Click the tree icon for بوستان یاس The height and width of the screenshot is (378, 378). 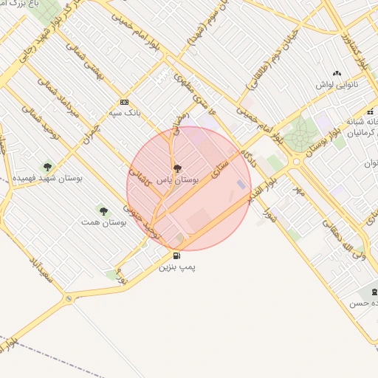tap(175, 168)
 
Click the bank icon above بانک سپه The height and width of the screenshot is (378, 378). tap(123, 103)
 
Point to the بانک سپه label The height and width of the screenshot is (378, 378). tap(123, 113)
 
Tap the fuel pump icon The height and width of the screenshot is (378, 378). tap(176, 256)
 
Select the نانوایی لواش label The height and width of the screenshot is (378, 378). tap(336, 85)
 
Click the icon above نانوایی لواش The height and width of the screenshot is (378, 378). tap(337, 74)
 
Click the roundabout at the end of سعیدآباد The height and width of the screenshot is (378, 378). tap(69, 298)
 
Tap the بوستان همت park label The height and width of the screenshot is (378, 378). tap(103, 221)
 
